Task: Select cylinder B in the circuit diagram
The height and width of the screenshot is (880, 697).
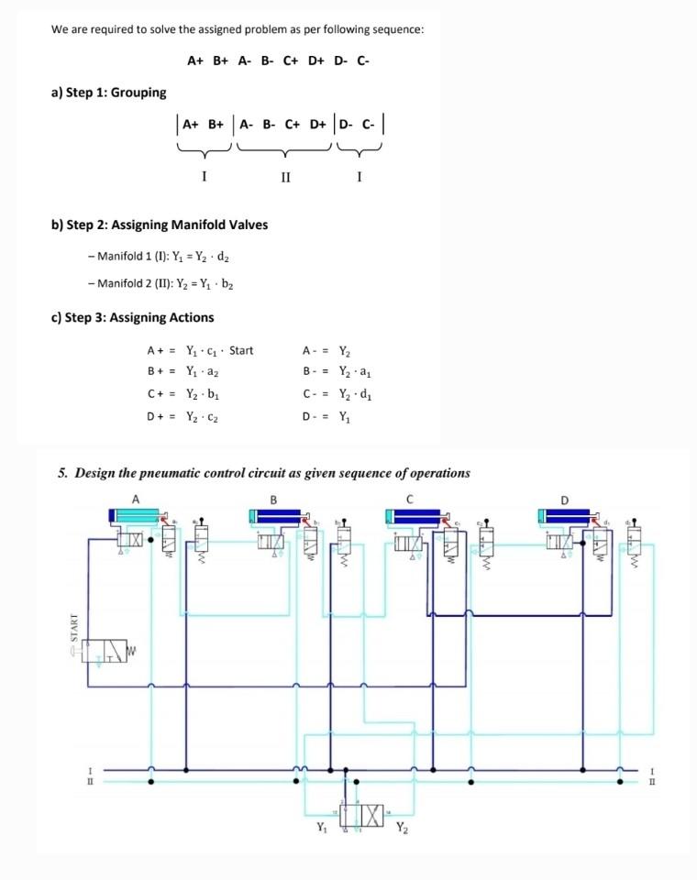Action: (x=272, y=517)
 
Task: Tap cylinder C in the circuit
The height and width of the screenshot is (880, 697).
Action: (x=409, y=517)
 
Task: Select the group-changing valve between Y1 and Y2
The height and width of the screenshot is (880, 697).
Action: (x=360, y=814)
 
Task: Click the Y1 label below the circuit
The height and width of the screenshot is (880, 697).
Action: (x=320, y=830)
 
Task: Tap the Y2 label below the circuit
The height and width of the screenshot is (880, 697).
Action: (x=403, y=830)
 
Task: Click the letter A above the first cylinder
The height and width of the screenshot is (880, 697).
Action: (x=136, y=500)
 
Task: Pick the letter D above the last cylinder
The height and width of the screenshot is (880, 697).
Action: (x=565, y=500)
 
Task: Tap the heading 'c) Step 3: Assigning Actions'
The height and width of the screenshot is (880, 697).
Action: (x=134, y=317)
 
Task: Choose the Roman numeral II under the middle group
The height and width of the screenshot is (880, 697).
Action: (x=285, y=176)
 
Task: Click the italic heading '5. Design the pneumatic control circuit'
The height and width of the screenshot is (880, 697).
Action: (x=263, y=473)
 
